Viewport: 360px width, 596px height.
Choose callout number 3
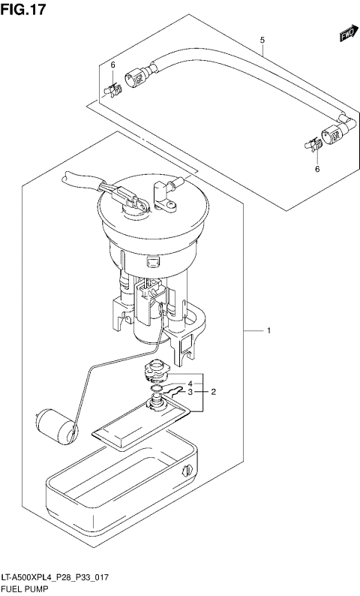190,392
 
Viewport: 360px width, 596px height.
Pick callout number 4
190,384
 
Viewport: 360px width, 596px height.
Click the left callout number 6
113,65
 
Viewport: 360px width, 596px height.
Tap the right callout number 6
316,170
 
